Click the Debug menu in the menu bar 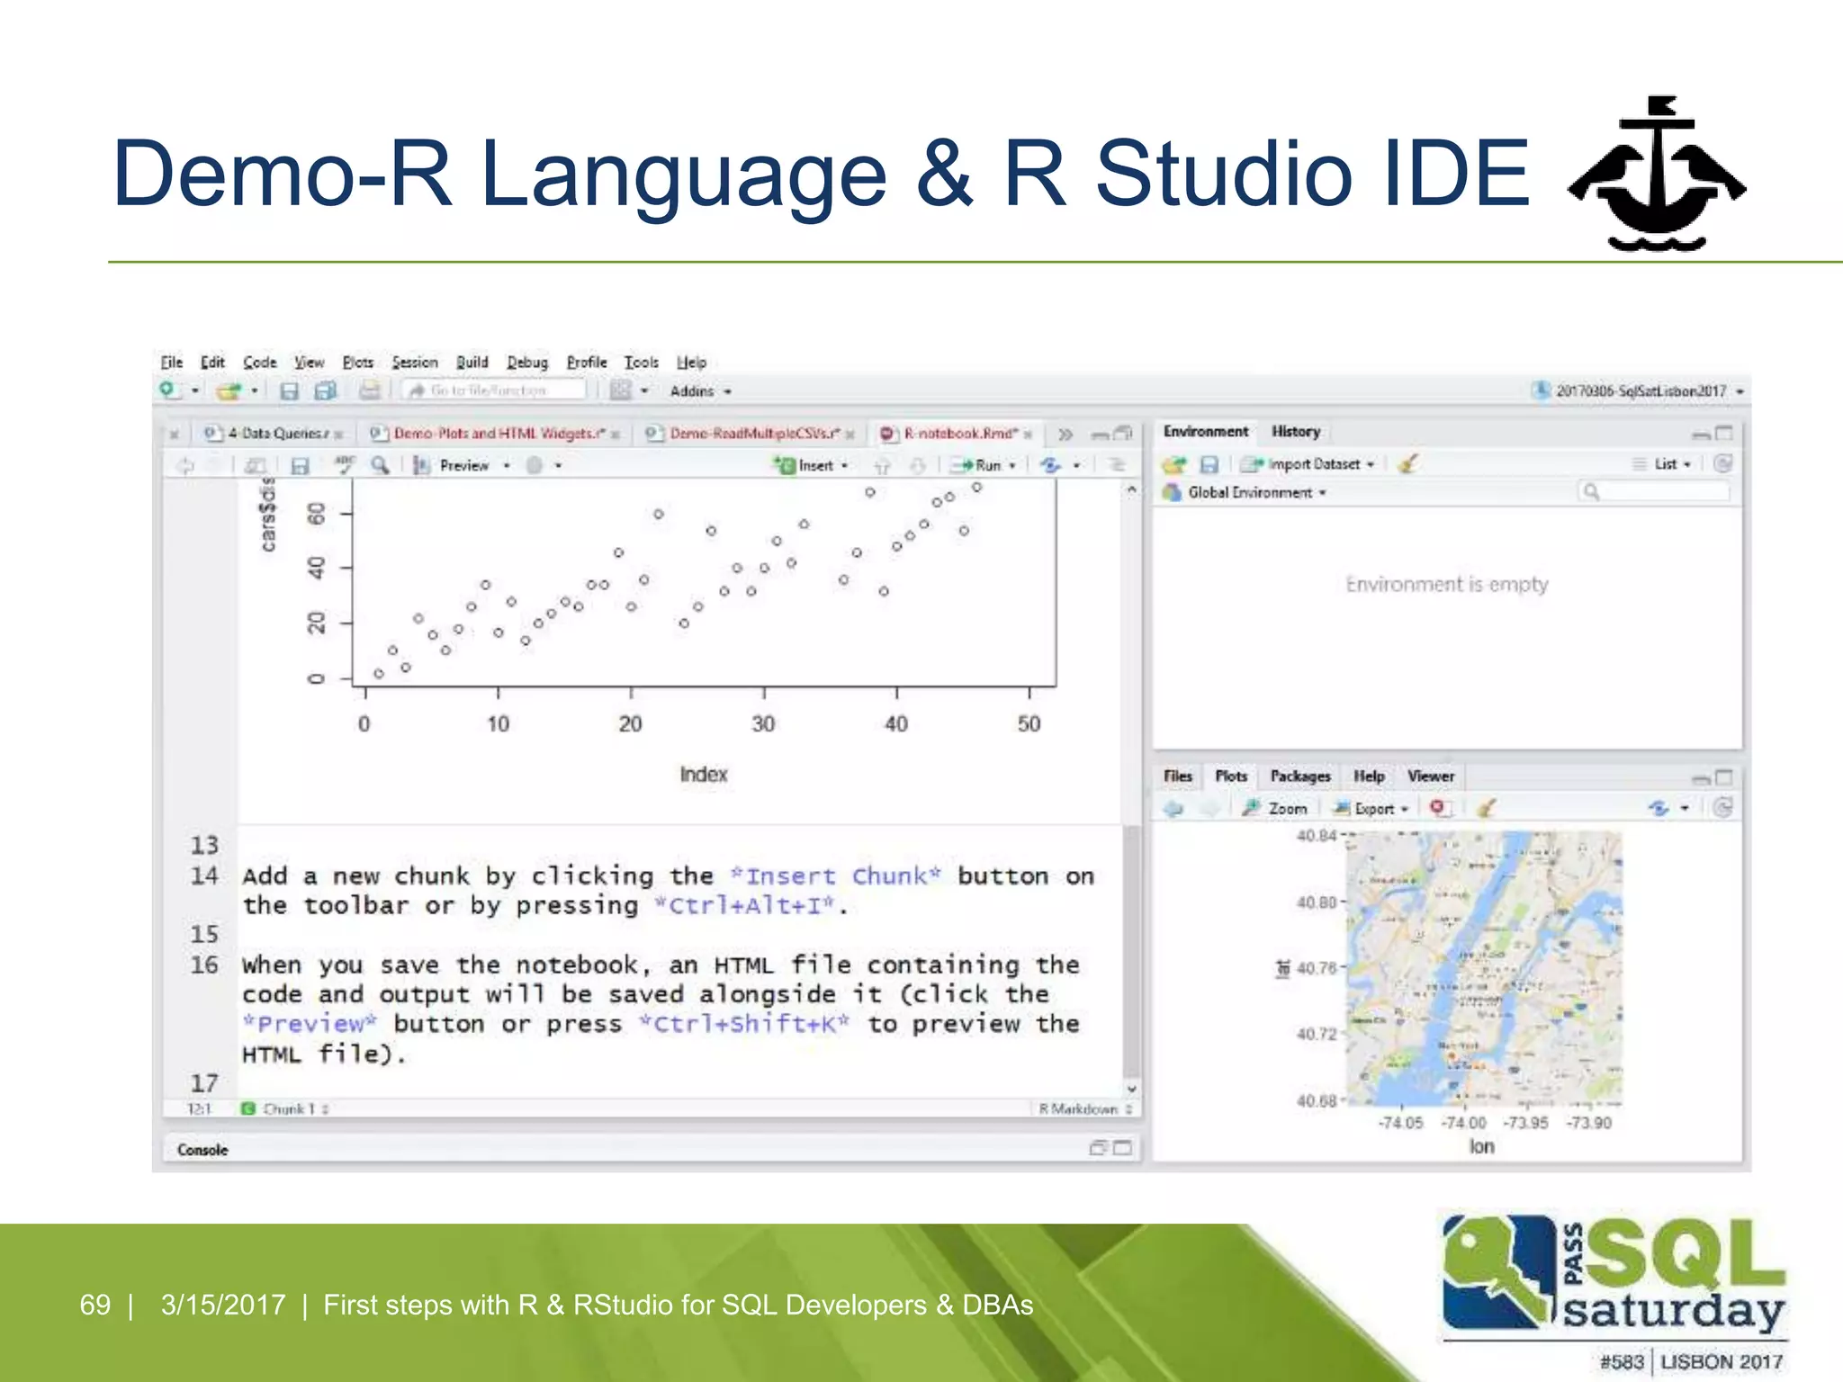coord(526,362)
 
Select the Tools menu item coord(641,362)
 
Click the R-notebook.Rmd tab coord(959,434)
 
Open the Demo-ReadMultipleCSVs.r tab coord(754,434)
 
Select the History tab coord(1295,432)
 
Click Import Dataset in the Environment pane coord(1312,464)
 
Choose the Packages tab coord(1299,776)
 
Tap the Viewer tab coord(1430,776)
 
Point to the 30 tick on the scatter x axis coord(763,723)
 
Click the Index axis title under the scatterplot coord(703,775)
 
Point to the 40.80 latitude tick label coord(1316,902)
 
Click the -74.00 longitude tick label coord(1463,1123)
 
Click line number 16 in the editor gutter coord(204,965)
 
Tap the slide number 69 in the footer coord(94,1305)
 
